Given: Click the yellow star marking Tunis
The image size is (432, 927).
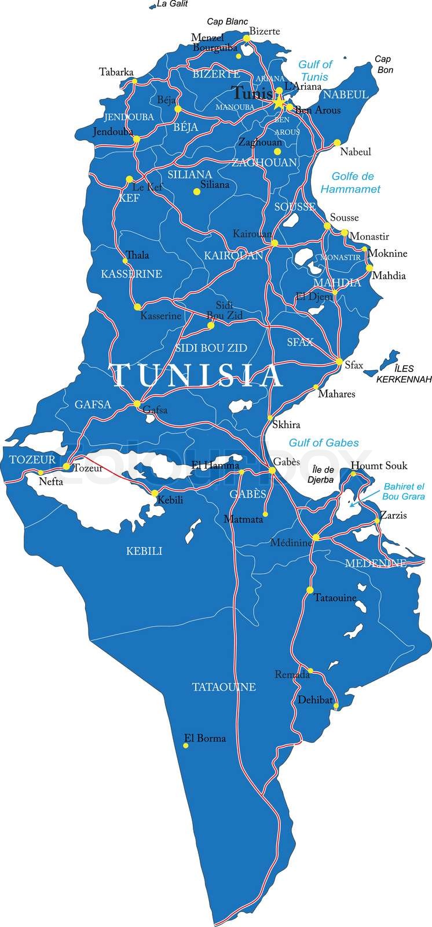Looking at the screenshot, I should coord(279,103).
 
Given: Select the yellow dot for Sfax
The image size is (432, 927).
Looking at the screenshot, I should coord(339,362).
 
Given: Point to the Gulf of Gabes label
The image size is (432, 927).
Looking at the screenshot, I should coord(324,443).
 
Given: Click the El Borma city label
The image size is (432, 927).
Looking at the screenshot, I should coord(204,738).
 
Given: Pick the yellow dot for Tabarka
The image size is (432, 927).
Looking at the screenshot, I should coord(134,81).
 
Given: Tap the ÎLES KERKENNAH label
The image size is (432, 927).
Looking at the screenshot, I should coord(404,374).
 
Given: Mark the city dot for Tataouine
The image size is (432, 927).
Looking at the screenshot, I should coord(309,590).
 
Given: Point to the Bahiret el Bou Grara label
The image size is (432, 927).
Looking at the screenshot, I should coord(403,491).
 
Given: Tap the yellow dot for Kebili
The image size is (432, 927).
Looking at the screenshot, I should coord(155,493).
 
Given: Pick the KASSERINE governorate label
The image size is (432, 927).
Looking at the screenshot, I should coord(131,273).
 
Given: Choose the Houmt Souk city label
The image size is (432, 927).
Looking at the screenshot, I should coord(379,465).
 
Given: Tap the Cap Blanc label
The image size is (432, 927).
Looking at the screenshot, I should coord(227,22).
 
